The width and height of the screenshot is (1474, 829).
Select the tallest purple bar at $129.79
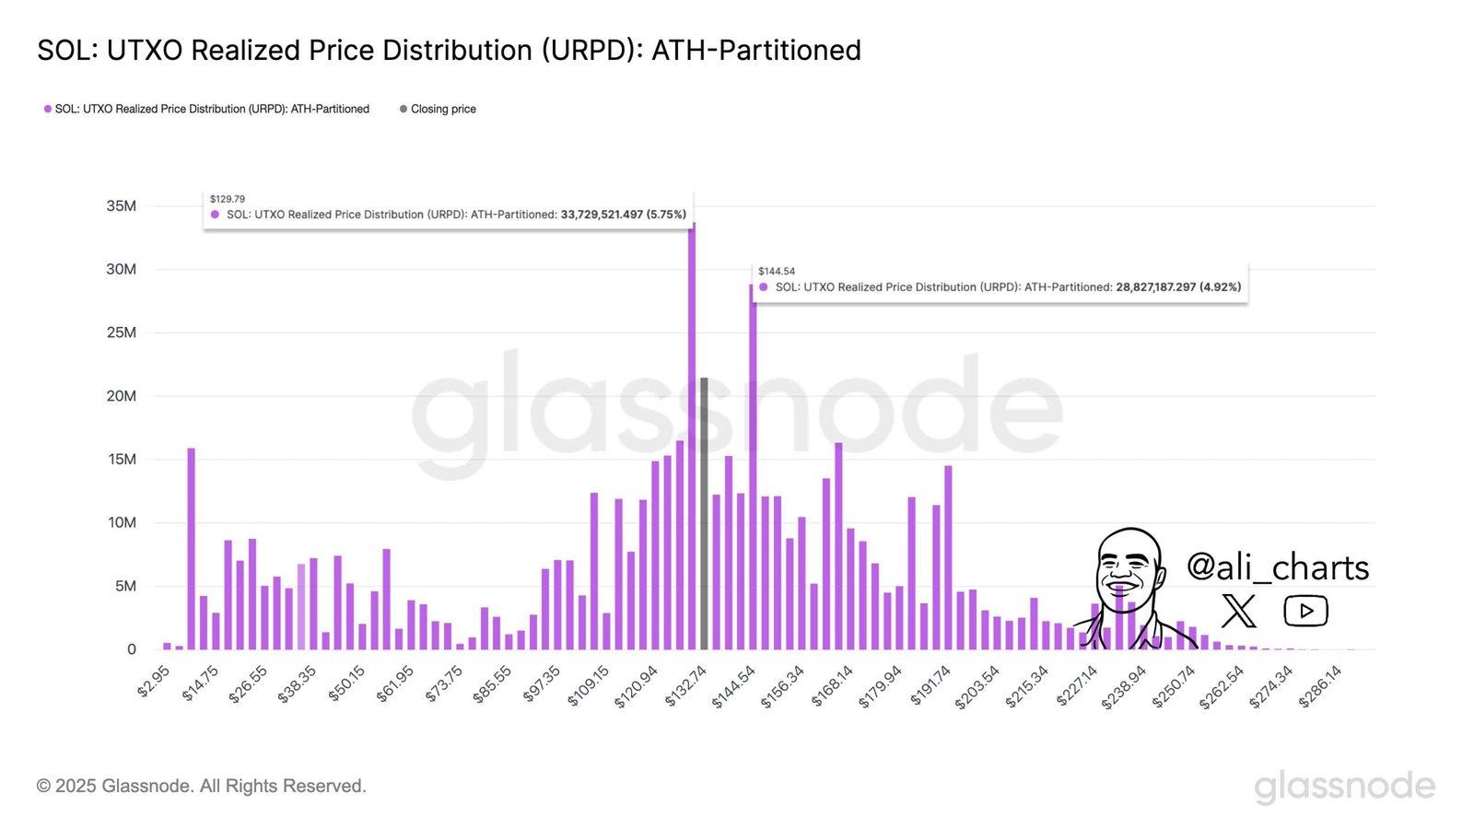692,442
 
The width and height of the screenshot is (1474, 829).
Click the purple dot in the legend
48,109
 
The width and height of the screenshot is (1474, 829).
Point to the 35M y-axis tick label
122,205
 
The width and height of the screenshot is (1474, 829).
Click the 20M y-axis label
122,396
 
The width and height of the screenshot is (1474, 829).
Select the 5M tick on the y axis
125,586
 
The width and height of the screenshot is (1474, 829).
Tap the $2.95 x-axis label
154,683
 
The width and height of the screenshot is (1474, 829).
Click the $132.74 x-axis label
686,687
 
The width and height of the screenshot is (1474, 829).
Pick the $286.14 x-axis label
1320,687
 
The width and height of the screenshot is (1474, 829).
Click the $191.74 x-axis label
930,687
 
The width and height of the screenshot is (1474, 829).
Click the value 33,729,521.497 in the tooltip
602,215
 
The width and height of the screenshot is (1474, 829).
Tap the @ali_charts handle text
1277,566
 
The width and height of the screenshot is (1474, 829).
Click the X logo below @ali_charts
1238,611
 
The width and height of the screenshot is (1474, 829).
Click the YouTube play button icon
1305,611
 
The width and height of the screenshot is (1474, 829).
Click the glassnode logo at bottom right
1344,786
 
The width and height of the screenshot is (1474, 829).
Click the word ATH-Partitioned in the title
755,50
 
